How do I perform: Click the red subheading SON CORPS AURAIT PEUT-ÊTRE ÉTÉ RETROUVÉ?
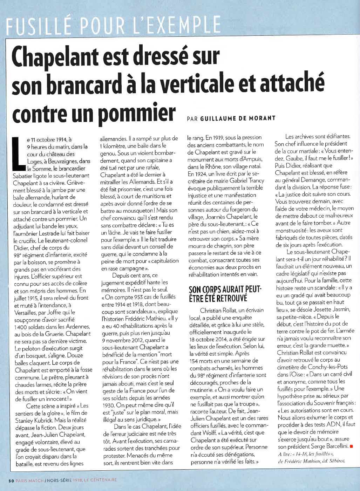pos(225,294)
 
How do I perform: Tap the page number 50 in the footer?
pos(11,480)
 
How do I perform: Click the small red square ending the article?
pos(351,446)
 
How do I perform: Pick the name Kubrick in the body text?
pos(45,420)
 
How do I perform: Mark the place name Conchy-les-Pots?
pos(328,367)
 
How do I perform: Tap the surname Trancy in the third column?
pos(257,181)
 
